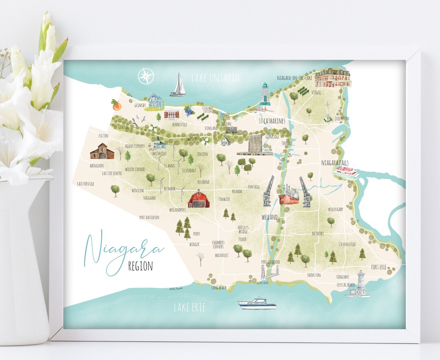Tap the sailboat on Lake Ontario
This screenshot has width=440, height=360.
tap(178, 85)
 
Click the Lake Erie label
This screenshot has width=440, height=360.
tap(189, 308)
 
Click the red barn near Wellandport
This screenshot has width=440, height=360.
tap(199, 199)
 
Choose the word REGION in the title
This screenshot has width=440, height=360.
tap(141, 266)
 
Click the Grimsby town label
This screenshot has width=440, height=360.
tap(140, 105)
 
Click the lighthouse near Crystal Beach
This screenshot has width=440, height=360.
tap(360, 284)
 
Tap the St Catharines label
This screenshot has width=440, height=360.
tap(272, 121)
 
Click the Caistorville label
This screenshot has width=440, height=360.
tap(86, 184)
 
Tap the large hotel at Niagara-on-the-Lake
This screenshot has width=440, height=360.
tap(332, 77)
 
